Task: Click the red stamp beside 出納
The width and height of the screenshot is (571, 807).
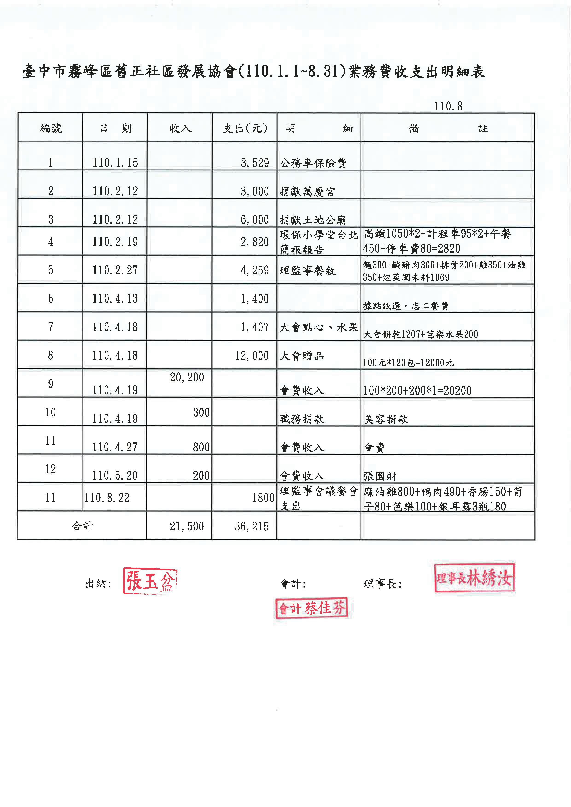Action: point(150,581)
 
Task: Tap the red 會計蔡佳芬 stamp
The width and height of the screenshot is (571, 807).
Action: point(312,608)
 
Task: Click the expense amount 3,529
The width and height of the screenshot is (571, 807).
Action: point(255,163)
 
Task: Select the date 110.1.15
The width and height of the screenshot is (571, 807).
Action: point(115,163)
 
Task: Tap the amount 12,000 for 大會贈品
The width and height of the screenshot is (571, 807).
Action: point(252,355)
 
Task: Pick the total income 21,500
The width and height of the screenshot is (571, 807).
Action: point(186,526)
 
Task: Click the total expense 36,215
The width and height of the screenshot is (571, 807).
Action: point(252,526)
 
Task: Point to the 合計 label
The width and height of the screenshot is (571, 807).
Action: point(82,526)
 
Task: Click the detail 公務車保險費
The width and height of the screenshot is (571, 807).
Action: point(313,163)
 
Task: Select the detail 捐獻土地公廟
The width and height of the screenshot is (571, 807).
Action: point(312,220)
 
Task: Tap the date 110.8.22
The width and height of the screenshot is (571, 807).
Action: point(107,498)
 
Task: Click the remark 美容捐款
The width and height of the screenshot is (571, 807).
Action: point(386,419)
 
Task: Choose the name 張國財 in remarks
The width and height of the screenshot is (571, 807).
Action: point(380,476)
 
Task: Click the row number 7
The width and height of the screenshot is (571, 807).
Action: point(51,327)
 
